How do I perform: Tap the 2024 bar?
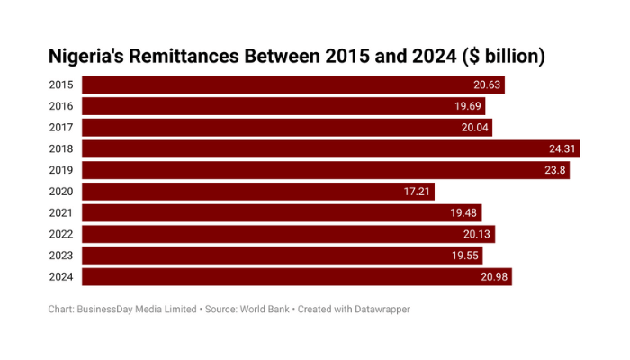click(296, 277)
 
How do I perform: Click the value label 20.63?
click(486, 85)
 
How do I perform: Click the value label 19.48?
click(463, 213)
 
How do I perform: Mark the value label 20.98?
click(493, 277)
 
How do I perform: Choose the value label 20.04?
click(474, 128)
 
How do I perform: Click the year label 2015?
click(62, 85)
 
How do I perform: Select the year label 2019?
click(62, 170)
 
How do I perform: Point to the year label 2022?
click(62, 234)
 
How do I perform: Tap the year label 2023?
click(62, 256)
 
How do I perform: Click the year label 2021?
click(62, 213)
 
